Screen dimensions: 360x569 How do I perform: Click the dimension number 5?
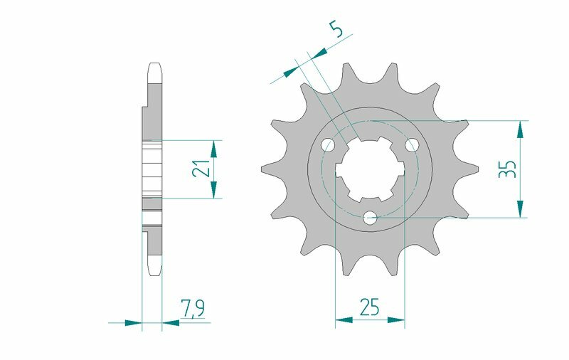pyautogui.click(x=337, y=31)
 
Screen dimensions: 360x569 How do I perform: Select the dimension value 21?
pyautogui.click(x=201, y=169)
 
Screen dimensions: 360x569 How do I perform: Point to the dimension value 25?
pyautogui.click(x=368, y=307)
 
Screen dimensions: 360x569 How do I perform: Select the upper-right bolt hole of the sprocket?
pyautogui.click(x=411, y=144)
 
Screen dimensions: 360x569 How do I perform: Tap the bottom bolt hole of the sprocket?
pyautogui.click(x=370, y=218)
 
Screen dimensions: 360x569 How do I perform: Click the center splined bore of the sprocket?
pyautogui.click(x=370, y=169)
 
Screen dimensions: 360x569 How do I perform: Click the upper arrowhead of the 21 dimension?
pyautogui.click(x=213, y=148)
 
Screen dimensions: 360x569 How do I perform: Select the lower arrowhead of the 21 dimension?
pyautogui.click(x=213, y=190)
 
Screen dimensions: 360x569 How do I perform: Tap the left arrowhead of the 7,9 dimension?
pyautogui.click(x=133, y=322)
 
